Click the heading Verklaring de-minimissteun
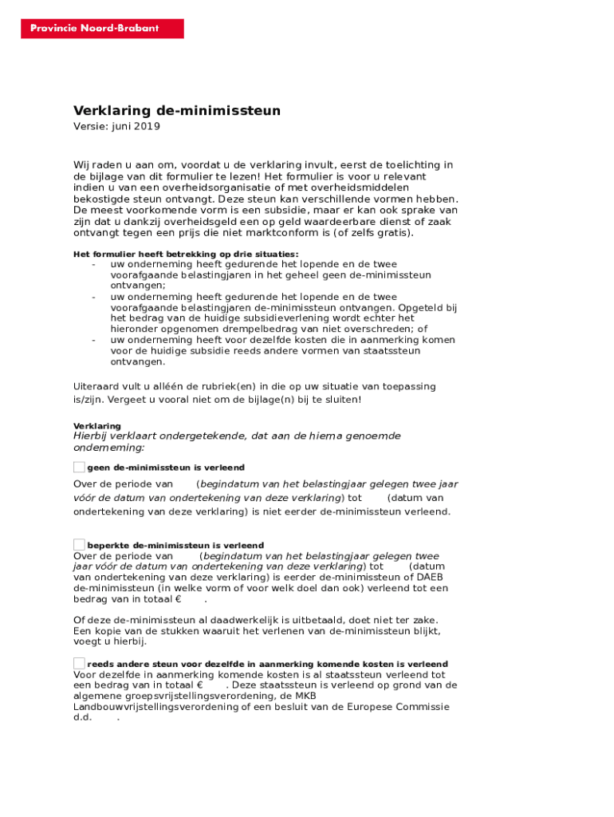(x=177, y=111)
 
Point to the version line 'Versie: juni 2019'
(x=117, y=126)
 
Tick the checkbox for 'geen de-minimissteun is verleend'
(x=79, y=467)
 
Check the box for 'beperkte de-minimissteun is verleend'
(x=79, y=545)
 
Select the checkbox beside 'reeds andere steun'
(x=79, y=663)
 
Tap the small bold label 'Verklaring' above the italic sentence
(x=97, y=426)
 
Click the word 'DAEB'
(x=429, y=577)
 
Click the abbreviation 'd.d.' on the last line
(x=83, y=717)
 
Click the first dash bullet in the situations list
(x=94, y=264)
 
